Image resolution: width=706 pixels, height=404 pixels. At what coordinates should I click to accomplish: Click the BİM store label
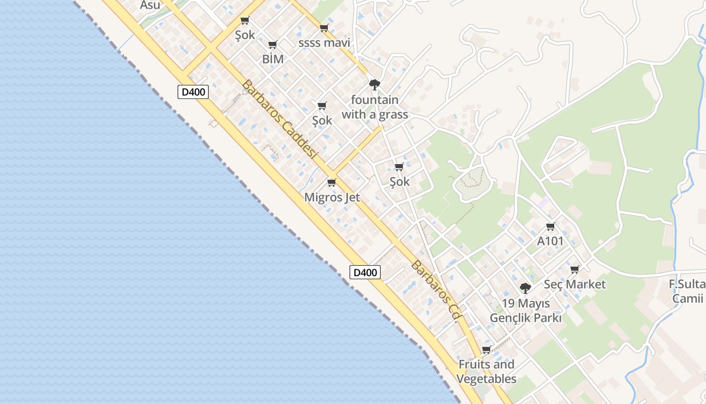(x=273, y=59)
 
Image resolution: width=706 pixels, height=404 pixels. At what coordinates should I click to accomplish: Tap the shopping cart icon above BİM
(x=273, y=45)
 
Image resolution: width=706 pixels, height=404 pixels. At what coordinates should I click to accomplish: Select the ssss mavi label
(x=324, y=42)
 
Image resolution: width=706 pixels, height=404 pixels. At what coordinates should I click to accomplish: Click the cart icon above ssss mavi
(x=324, y=28)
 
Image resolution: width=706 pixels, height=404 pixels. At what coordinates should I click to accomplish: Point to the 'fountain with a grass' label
(x=375, y=107)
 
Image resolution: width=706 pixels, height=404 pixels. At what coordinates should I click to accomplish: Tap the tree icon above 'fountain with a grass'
(x=374, y=84)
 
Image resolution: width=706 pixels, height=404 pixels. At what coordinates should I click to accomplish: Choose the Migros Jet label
(x=332, y=197)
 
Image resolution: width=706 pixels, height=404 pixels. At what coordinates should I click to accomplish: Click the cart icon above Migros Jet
(x=331, y=182)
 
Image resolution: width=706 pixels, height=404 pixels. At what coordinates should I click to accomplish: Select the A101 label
(x=550, y=241)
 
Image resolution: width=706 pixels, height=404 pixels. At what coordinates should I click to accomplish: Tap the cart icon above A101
(x=550, y=227)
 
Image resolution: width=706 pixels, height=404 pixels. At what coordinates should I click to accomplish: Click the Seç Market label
(x=574, y=284)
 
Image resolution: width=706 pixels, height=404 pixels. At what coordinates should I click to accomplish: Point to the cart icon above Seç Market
(x=574, y=269)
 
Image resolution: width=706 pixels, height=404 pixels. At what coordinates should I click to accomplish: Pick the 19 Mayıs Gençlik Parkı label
(x=525, y=311)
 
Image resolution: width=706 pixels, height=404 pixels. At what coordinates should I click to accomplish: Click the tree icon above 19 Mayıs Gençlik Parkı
(x=525, y=288)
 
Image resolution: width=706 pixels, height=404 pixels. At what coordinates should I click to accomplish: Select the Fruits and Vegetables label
(x=486, y=372)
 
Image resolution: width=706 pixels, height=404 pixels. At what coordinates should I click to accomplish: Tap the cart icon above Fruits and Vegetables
(x=486, y=349)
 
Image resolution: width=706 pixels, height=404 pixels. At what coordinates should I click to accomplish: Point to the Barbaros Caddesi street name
(x=278, y=120)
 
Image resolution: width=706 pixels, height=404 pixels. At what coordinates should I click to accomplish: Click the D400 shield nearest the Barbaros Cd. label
(x=365, y=273)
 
